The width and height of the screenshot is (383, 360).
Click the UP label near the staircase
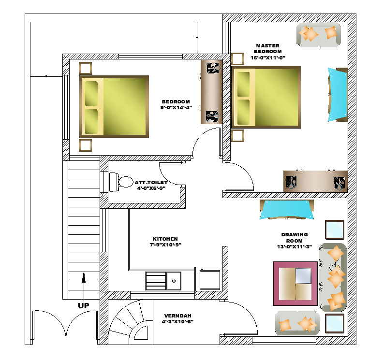coord(83,305)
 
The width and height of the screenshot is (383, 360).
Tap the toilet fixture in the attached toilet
coord(121,182)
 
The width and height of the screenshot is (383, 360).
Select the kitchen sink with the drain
coord(174,281)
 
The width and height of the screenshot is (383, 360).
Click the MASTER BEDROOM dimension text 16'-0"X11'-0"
coord(268,58)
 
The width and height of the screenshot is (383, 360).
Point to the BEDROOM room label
coord(176,101)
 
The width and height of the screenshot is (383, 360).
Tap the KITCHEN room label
coord(165,239)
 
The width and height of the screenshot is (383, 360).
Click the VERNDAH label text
coord(177,316)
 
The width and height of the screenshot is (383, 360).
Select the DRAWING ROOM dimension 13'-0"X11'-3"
coord(295,246)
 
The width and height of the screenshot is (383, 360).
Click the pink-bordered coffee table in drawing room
coord(295,284)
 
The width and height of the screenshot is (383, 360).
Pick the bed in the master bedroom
coord(266,97)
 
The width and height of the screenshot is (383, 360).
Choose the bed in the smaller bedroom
coord(114,107)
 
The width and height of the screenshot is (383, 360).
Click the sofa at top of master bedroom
coord(319,35)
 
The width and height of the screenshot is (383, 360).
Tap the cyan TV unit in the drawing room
coord(287,209)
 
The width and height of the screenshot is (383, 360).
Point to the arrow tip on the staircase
coord(84,273)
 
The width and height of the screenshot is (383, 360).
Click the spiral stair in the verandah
coord(131,322)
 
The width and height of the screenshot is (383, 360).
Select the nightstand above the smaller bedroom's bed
coord(85,68)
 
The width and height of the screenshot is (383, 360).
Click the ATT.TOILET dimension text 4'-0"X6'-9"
coord(151,188)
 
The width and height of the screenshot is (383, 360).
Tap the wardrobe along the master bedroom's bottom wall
coord(316,181)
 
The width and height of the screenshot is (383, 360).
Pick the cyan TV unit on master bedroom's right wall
coord(338,94)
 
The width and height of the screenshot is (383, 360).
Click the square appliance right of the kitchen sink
coord(210,280)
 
